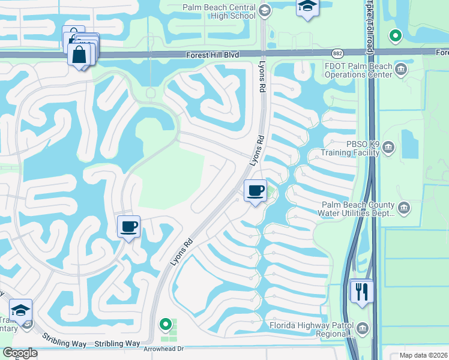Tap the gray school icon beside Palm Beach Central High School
pyautogui.click(x=265, y=10)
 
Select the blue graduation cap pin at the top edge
pyautogui.click(x=307, y=7)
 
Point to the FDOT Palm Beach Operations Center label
pyautogui.click(x=358, y=70)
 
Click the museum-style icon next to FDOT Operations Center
pyautogui.click(x=400, y=70)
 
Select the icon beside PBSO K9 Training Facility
pyautogui.click(x=388, y=147)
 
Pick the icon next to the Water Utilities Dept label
pyautogui.click(x=403, y=208)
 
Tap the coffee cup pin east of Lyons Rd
pyautogui.click(x=256, y=191)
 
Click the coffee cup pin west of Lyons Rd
pyautogui.click(x=128, y=227)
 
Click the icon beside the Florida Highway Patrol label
pyautogui.click(x=363, y=328)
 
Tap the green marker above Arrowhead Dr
pyautogui.click(x=166, y=325)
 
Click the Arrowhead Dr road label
pyautogui.click(x=162, y=348)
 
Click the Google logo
pyautogui.click(x=20, y=353)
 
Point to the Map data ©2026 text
pyautogui.click(x=423, y=355)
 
